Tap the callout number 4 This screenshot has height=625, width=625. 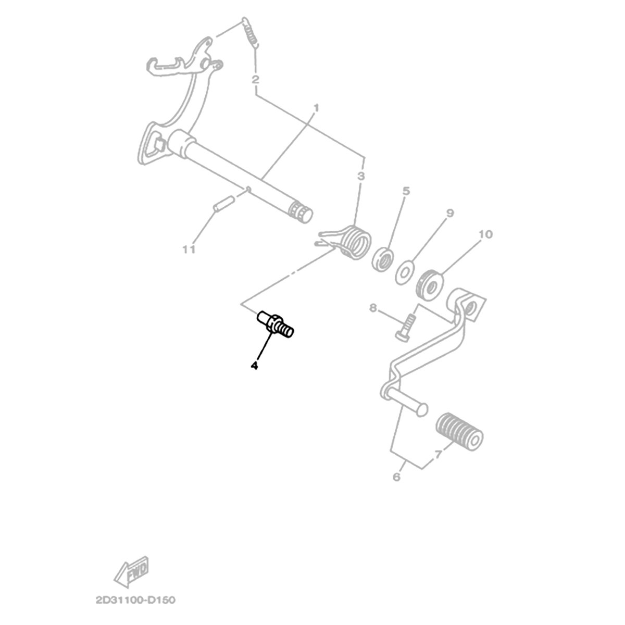coord(255,365)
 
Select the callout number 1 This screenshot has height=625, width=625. coord(316,108)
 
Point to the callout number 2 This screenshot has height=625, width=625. coord(256,80)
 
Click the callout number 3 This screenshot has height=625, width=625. coord(361,177)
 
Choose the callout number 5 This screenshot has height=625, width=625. coord(406,191)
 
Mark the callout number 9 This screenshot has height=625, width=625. coord(450,213)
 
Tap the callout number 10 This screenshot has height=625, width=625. coord(485,234)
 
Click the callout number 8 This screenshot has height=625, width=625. coord(373,308)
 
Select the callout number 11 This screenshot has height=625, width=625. coord(189,249)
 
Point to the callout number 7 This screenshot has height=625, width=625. coord(438,455)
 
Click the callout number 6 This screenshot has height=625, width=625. coord(397,477)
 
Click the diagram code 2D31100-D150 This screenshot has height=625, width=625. coord(135,600)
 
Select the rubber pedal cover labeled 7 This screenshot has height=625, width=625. coord(460,431)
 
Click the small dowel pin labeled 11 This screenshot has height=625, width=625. coord(223,206)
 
